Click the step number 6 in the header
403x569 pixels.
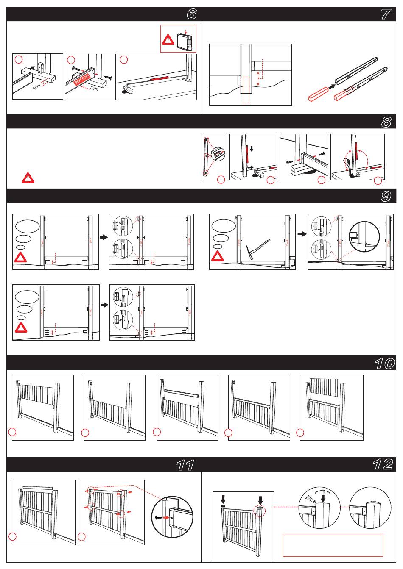click(192, 14)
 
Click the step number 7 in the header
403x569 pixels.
click(385, 14)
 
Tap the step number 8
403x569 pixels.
click(385, 122)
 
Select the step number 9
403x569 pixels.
click(385, 196)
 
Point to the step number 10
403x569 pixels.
click(384, 363)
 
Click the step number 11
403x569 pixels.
click(185, 465)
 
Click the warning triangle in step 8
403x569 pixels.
click(28, 178)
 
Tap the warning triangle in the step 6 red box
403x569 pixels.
click(168, 40)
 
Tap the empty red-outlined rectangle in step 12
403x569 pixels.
click(333, 545)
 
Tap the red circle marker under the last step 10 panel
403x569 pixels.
click(300, 433)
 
